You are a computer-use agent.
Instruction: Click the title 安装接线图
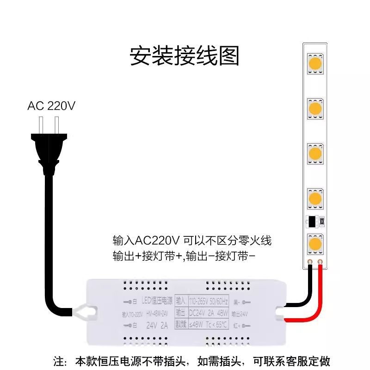[x=185, y=55]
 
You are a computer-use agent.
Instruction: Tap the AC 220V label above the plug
[x=51, y=106]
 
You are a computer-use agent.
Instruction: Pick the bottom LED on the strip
[x=315, y=243]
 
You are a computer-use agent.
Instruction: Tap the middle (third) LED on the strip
[x=315, y=153]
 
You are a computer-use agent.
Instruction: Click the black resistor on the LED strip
[x=313, y=222]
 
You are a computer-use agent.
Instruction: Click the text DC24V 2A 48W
[x=208, y=312]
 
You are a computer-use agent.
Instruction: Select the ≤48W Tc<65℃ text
[x=208, y=324]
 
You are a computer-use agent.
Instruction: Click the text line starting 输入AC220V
[x=191, y=241]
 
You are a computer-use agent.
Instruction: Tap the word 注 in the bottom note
[x=58, y=361]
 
